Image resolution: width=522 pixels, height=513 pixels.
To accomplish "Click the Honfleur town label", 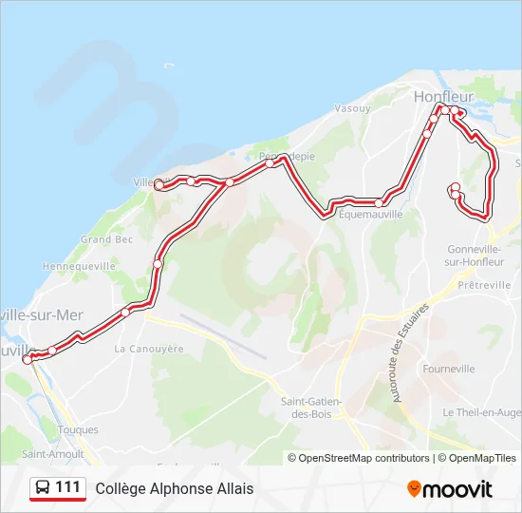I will [x=438, y=96].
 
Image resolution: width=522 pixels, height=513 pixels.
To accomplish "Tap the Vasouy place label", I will [x=352, y=109].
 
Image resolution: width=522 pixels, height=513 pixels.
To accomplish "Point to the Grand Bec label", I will [x=106, y=239].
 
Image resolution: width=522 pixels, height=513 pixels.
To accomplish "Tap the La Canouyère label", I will [x=149, y=349].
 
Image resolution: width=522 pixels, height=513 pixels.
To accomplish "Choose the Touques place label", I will [x=78, y=430].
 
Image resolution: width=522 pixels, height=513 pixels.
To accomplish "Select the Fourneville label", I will [x=450, y=368].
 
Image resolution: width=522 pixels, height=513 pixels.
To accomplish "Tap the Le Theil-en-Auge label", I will [x=481, y=412].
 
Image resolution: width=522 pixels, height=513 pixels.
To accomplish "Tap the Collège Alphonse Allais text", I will [x=175, y=489].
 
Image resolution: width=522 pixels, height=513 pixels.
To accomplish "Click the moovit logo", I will [x=450, y=489].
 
